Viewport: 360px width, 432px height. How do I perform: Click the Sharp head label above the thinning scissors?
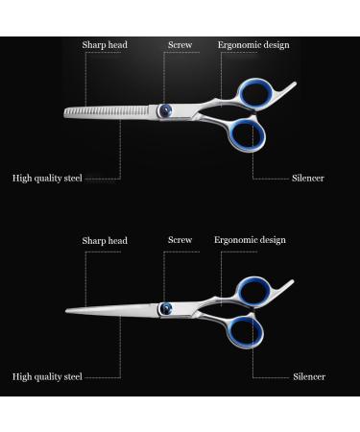(105, 45)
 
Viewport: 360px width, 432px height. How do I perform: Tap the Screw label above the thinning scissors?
(180, 45)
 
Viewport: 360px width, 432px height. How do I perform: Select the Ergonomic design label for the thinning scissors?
(253, 45)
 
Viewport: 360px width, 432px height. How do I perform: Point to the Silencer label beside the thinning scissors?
(308, 178)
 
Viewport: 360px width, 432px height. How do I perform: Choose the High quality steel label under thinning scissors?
(47, 178)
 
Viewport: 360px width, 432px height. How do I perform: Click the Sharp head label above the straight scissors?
(105, 241)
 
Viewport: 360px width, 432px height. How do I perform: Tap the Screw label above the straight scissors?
(180, 240)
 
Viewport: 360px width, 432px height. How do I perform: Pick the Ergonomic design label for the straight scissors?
(250, 240)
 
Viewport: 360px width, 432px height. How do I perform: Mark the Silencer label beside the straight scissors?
(308, 376)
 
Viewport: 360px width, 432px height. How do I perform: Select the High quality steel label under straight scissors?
(47, 376)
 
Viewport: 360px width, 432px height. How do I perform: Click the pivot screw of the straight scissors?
(167, 308)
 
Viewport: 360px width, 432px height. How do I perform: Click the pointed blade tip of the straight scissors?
(66, 312)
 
